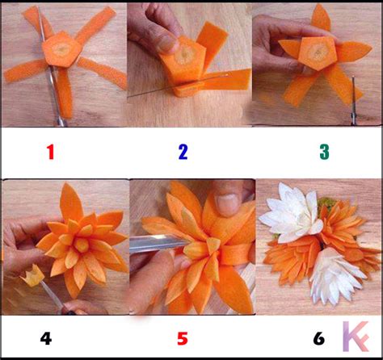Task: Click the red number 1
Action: point(50,152)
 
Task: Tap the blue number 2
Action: point(183,152)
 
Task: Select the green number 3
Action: point(324,152)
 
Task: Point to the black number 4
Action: point(46,338)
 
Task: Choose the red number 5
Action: point(183,338)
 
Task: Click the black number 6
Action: point(319,338)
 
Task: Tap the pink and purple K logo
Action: point(356,337)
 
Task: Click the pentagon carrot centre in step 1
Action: point(61,49)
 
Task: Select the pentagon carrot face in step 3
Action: point(318,53)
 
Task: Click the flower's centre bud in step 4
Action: point(82,245)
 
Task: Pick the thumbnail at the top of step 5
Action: point(228,204)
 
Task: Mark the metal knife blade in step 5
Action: point(159,244)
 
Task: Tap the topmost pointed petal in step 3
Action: point(321,19)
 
